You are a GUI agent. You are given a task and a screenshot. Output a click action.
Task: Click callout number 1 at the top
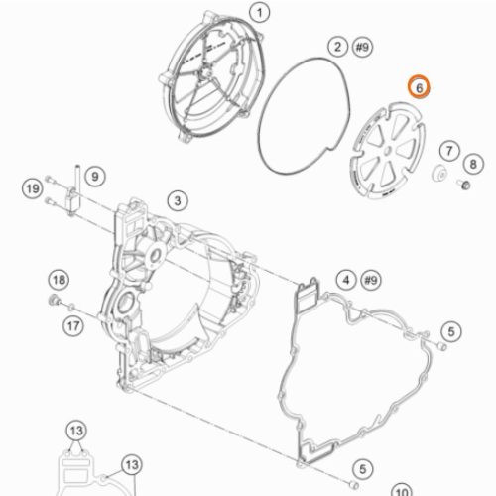tap(260, 13)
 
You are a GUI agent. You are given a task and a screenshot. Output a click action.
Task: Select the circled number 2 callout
tap(337, 47)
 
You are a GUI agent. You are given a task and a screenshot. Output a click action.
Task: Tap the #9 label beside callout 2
tap(362, 47)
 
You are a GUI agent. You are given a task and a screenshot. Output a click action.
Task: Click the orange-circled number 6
tap(419, 87)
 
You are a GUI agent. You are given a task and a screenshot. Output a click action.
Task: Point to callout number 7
tap(449, 151)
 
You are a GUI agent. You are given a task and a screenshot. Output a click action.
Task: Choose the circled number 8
tap(473, 164)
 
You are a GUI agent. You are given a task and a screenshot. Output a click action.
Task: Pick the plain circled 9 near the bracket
tap(95, 176)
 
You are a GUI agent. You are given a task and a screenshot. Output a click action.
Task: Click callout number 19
tap(33, 188)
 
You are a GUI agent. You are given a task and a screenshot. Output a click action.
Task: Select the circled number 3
tap(178, 200)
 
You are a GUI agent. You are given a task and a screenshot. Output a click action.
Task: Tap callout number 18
tap(59, 280)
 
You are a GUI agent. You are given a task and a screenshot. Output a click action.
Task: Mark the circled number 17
tap(73, 326)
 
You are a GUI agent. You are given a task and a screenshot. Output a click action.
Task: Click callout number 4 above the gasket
tap(346, 280)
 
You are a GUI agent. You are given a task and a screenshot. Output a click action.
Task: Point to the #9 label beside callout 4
tap(371, 280)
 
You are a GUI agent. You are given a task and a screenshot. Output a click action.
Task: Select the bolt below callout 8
tap(463, 184)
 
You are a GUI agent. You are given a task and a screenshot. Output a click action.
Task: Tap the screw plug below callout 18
tap(54, 300)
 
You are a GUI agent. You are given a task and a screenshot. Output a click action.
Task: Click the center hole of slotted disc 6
tap(388, 151)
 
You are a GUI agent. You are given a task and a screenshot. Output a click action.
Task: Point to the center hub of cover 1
tap(205, 71)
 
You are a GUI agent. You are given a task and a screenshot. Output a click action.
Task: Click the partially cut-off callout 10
tap(402, 490)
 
